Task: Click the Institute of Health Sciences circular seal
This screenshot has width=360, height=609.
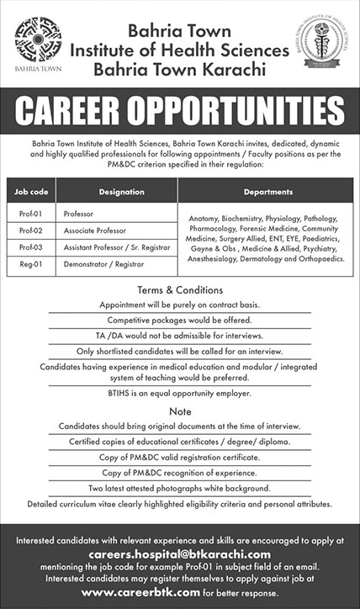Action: pyautogui.click(x=320, y=43)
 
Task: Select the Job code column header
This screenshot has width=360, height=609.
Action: pyautogui.click(x=32, y=191)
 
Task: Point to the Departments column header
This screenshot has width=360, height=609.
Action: pyautogui.click(x=268, y=191)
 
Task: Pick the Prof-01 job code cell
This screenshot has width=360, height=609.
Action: pyautogui.click(x=31, y=214)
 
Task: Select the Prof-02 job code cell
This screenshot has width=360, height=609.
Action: pyautogui.click(x=31, y=230)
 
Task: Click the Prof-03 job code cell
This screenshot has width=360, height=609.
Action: pyautogui.click(x=31, y=247)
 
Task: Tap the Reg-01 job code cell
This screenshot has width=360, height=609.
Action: pyautogui.click(x=31, y=264)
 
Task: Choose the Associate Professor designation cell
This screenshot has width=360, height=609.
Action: pyautogui.click(x=94, y=230)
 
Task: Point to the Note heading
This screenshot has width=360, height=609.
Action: pyautogui.click(x=180, y=410)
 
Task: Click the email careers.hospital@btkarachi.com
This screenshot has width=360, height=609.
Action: pyautogui.click(x=179, y=554)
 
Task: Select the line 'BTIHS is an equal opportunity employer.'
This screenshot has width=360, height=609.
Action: pyautogui.click(x=180, y=394)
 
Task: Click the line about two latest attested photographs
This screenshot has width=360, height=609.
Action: pyautogui.click(x=180, y=488)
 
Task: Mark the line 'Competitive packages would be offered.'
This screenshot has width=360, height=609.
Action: pyautogui.click(x=180, y=320)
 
